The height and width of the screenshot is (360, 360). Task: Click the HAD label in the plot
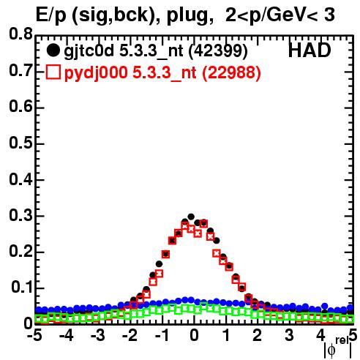pyautogui.click(x=310, y=50)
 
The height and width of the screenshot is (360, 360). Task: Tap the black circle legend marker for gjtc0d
pyautogui.click(x=53, y=50)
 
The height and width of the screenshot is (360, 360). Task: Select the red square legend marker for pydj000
pyautogui.click(x=53, y=72)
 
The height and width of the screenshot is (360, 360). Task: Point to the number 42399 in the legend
pyautogui.click(x=218, y=51)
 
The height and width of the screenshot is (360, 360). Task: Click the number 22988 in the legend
pyautogui.click(x=231, y=72)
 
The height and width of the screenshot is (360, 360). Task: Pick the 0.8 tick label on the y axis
pyautogui.click(x=20, y=34)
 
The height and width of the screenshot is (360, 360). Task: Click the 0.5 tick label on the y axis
pyautogui.click(x=20, y=143)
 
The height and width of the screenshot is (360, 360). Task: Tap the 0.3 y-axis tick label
pyautogui.click(x=20, y=215)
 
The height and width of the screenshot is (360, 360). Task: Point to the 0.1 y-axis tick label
pyautogui.click(x=21, y=288)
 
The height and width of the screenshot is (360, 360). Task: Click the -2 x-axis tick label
pyautogui.click(x=130, y=335)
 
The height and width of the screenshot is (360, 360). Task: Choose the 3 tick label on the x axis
pyautogui.click(x=289, y=335)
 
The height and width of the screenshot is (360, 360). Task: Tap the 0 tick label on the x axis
pyautogui.click(x=194, y=335)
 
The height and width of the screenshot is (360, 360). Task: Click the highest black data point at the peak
pyautogui.click(x=191, y=217)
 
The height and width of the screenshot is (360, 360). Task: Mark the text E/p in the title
pyautogui.click(x=51, y=16)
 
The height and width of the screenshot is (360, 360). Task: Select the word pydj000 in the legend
pyautogui.click(x=96, y=73)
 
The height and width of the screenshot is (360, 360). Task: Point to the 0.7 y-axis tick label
pyautogui.click(x=20, y=70)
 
